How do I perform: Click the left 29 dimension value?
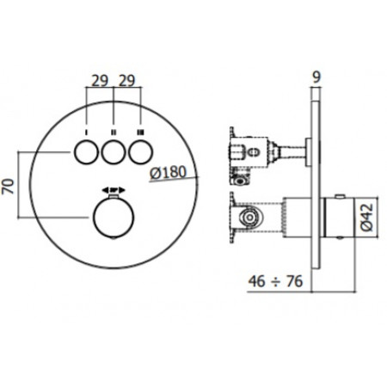point(100,81)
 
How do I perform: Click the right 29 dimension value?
point(126,81)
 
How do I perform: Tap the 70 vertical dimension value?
point(8,187)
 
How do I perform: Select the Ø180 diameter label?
point(169,173)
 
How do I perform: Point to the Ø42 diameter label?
point(367,218)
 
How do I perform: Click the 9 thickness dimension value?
point(316,77)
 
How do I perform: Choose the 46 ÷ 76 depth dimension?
point(275,281)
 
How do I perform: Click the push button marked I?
point(86,152)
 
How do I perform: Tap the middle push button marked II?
point(114,152)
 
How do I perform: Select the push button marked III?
point(141,152)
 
